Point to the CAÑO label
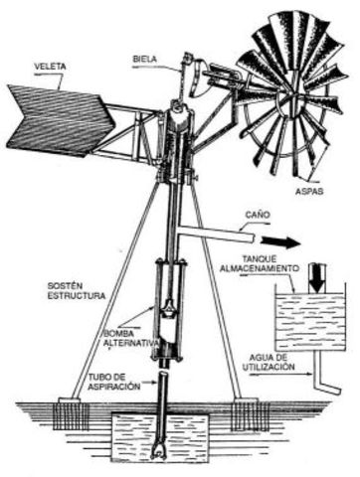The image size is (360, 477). coord(262,214)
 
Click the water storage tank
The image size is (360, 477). coord(308,319)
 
